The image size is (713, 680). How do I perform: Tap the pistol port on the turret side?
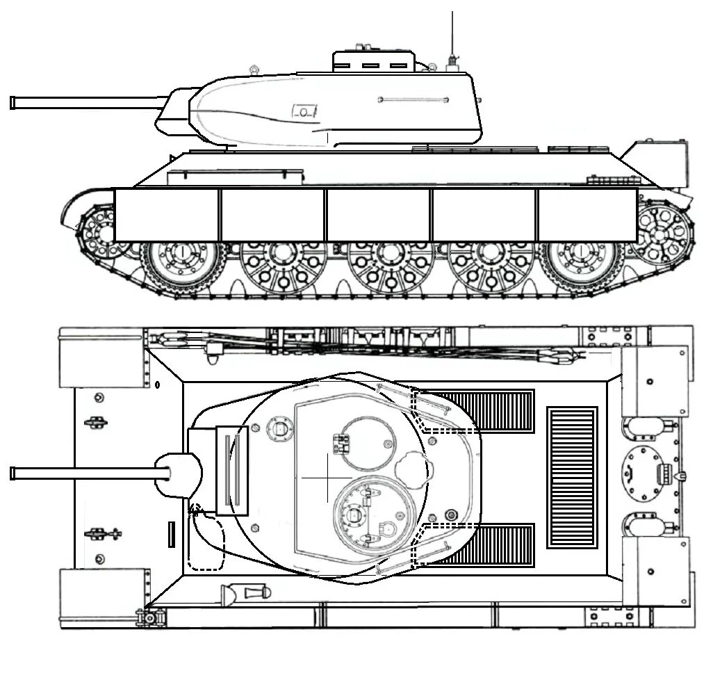point(304,111)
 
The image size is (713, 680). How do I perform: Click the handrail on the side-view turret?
point(412,100)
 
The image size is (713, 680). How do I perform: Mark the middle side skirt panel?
point(378,215)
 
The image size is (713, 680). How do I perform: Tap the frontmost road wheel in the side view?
point(179,267)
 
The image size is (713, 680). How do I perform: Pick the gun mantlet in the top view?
point(177,475)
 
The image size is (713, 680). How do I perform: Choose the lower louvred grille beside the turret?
point(486,545)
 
